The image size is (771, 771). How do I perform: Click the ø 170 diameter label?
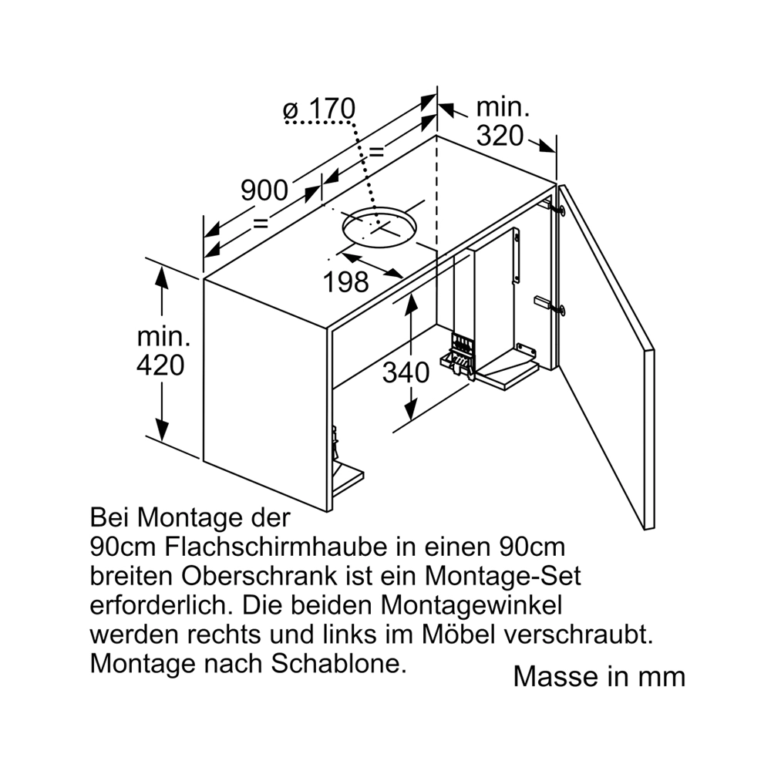click(x=319, y=109)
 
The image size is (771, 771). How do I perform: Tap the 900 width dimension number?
click(x=264, y=190)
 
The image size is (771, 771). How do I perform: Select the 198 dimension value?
click(x=345, y=282)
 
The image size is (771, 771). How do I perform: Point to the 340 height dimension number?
click(x=406, y=372)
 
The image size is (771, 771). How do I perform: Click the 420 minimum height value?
click(x=160, y=365)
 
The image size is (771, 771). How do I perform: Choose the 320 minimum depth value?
click(x=500, y=136)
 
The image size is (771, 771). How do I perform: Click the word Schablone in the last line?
click(x=338, y=665)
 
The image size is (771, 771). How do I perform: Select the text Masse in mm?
click(x=599, y=677)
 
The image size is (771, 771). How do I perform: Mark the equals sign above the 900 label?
click(x=375, y=152)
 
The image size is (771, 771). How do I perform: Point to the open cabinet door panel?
click(x=608, y=358)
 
